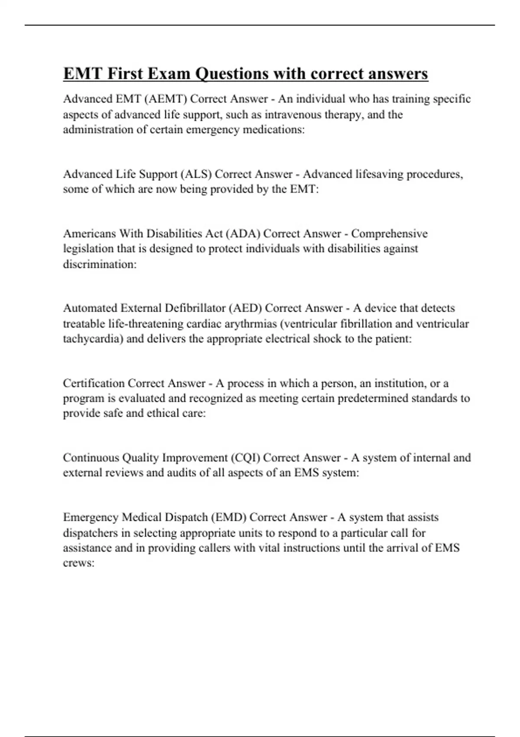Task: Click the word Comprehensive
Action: [389, 234]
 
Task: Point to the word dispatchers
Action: [96, 533]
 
